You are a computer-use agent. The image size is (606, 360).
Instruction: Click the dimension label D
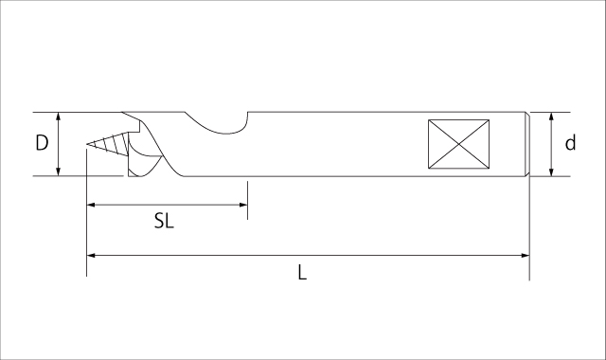pyautogui.click(x=42, y=144)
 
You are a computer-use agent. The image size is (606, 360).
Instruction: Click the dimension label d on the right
pyautogui.click(x=570, y=144)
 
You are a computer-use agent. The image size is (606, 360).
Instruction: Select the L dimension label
pyautogui.click(x=301, y=272)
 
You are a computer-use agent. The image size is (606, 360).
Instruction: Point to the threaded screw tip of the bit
pyautogui.click(x=109, y=145)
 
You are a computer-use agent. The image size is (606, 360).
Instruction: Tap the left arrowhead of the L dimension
pyautogui.click(x=91, y=255)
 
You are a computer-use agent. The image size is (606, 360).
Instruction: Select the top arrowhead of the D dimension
pyautogui.click(x=60, y=117)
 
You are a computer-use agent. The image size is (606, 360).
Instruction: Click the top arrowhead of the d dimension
pyautogui.click(x=552, y=117)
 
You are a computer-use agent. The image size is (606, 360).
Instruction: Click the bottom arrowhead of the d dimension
pyautogui.click(x=552, y=171)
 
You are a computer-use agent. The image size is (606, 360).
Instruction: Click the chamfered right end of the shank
pyautogui.click(x=526, y=144)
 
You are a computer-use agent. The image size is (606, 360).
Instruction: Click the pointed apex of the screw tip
pyautogui.click(x=86, y=145)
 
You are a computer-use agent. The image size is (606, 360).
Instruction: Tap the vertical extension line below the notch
pyautogui.click(x=247, y=197)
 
